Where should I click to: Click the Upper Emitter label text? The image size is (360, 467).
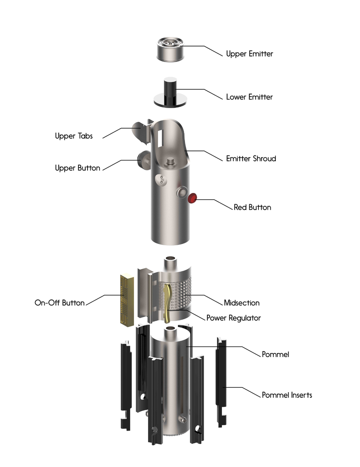coord(249,54)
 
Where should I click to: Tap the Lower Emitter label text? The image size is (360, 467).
coord(249,97)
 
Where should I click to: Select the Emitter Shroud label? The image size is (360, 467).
coord(251,159)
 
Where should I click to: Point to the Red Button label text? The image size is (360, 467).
coord(252,207)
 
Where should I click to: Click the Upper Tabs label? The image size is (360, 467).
coord(73,136)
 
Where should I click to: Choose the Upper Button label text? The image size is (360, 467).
coord(77,168)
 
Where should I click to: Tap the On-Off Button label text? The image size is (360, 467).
coord(60,302)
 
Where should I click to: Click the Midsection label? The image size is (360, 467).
coord(242,303)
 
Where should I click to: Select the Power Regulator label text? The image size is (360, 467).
coord(233,318)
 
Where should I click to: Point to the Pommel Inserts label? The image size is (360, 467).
coord(287,395)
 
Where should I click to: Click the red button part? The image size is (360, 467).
coord(192,198)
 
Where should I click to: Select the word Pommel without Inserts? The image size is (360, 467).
coord(275,354)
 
